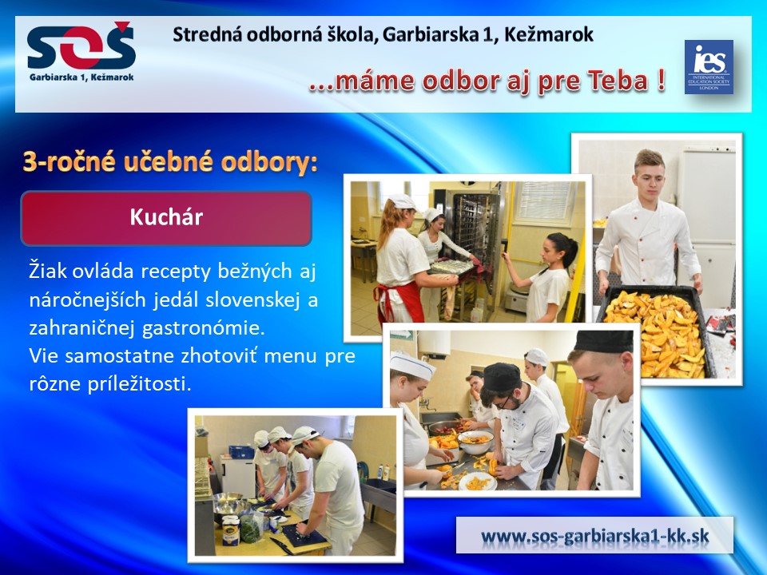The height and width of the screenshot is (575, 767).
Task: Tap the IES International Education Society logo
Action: [709, 67]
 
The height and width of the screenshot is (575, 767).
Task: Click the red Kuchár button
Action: [166, 218]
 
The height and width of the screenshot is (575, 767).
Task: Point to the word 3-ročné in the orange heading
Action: [69, 162]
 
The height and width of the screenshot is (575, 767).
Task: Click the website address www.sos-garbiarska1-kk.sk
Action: [594, 535]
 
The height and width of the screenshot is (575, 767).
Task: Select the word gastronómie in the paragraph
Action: [204, 328]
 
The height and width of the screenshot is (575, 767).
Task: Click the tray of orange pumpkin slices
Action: [655, 332]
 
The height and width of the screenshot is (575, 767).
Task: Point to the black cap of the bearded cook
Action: [502, 377]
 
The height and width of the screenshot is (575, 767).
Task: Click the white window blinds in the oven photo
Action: [544, 201]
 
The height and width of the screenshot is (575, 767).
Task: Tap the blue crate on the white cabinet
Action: [241, 452]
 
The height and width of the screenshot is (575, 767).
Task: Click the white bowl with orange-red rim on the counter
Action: [476, 442]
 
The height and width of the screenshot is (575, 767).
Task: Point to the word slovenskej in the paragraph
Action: [252, 299]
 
